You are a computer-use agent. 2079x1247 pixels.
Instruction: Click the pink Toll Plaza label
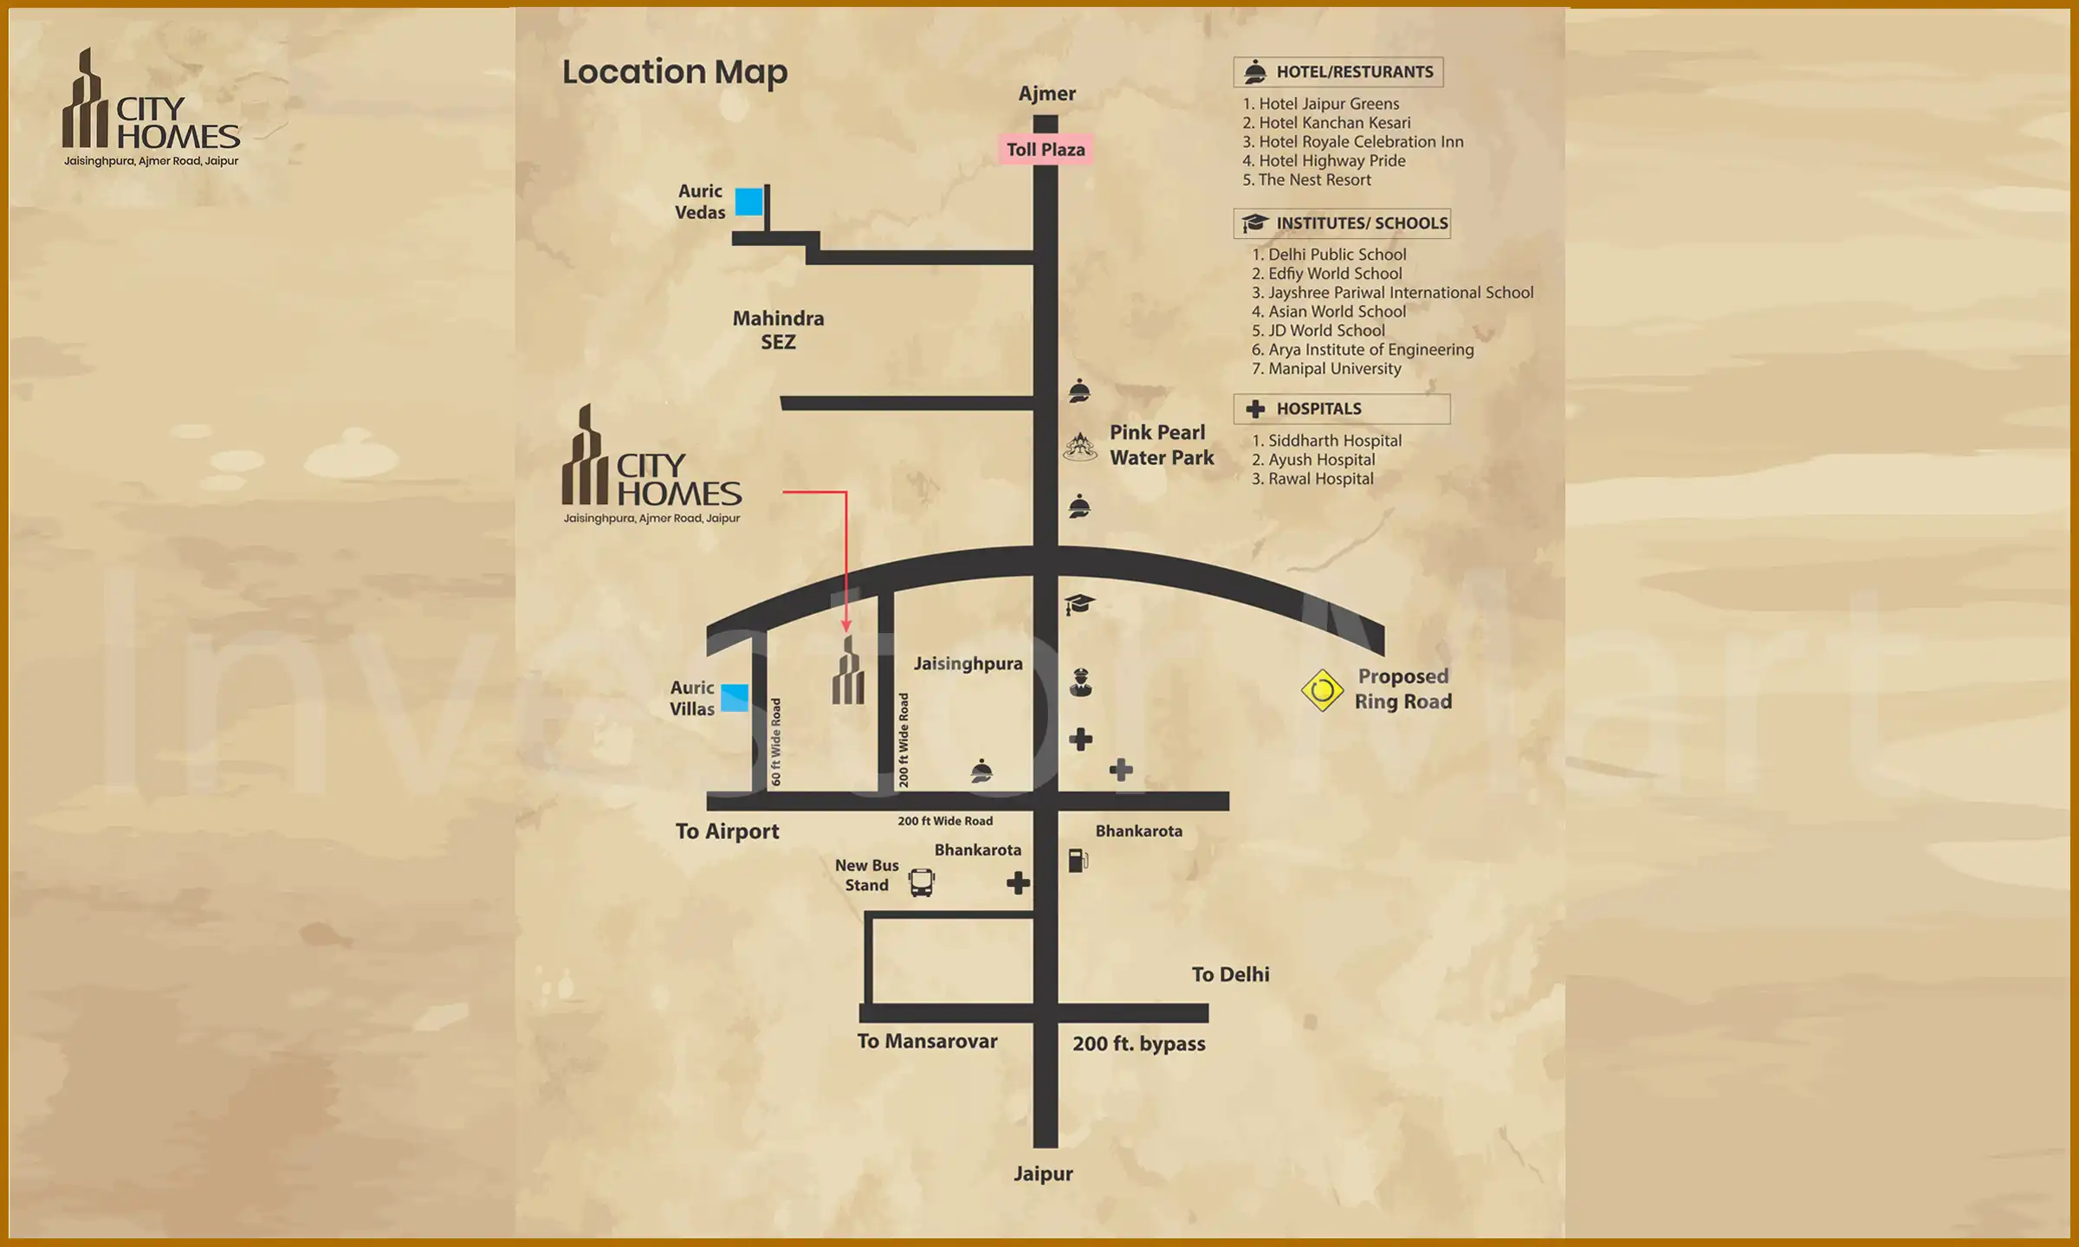point(1046,150)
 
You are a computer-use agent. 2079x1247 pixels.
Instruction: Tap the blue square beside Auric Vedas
point(749,202)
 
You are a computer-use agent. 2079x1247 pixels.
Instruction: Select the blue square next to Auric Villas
point(735,698)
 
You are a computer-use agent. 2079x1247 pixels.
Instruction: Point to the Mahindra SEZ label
point(778,330)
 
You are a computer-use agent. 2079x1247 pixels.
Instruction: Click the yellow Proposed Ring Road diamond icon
point(1322,690)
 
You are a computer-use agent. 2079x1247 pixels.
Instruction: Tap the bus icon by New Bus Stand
point(922,882)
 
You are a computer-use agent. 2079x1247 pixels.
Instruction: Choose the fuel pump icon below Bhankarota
point(1078,860)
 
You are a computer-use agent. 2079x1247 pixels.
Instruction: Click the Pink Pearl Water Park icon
point(1080,447)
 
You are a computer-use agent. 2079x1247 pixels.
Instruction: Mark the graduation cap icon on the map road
point(1079,604)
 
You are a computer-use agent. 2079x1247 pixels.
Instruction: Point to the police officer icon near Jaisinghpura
point(1080,682)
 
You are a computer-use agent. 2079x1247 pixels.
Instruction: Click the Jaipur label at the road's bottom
point(1043,1174)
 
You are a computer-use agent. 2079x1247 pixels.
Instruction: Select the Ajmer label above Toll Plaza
point(1046,94)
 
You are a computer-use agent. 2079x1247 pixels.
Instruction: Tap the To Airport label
point(727,831)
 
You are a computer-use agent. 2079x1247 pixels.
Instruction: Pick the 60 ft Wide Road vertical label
point(776,741)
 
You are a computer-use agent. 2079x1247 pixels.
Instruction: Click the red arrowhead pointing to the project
point(846,625)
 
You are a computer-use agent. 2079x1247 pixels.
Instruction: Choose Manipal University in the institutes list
point(1334,369)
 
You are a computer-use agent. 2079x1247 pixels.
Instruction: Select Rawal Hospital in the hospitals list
point(1320,479)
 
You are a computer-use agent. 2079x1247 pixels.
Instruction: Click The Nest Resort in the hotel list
point(1314,180)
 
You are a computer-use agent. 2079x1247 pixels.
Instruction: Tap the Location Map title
point(675,72)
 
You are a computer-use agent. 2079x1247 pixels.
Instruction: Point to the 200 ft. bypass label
point(1138,1043)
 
